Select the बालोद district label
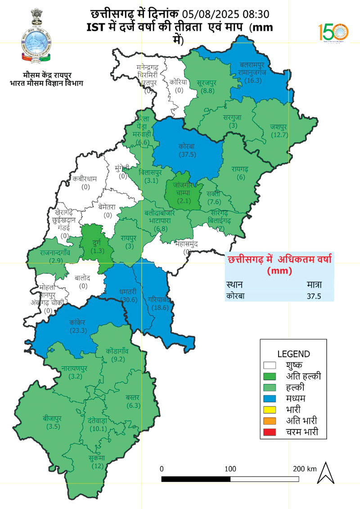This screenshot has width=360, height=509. (83, 281)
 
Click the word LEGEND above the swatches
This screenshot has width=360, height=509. (293, 354)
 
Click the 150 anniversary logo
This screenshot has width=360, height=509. (333, 32)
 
